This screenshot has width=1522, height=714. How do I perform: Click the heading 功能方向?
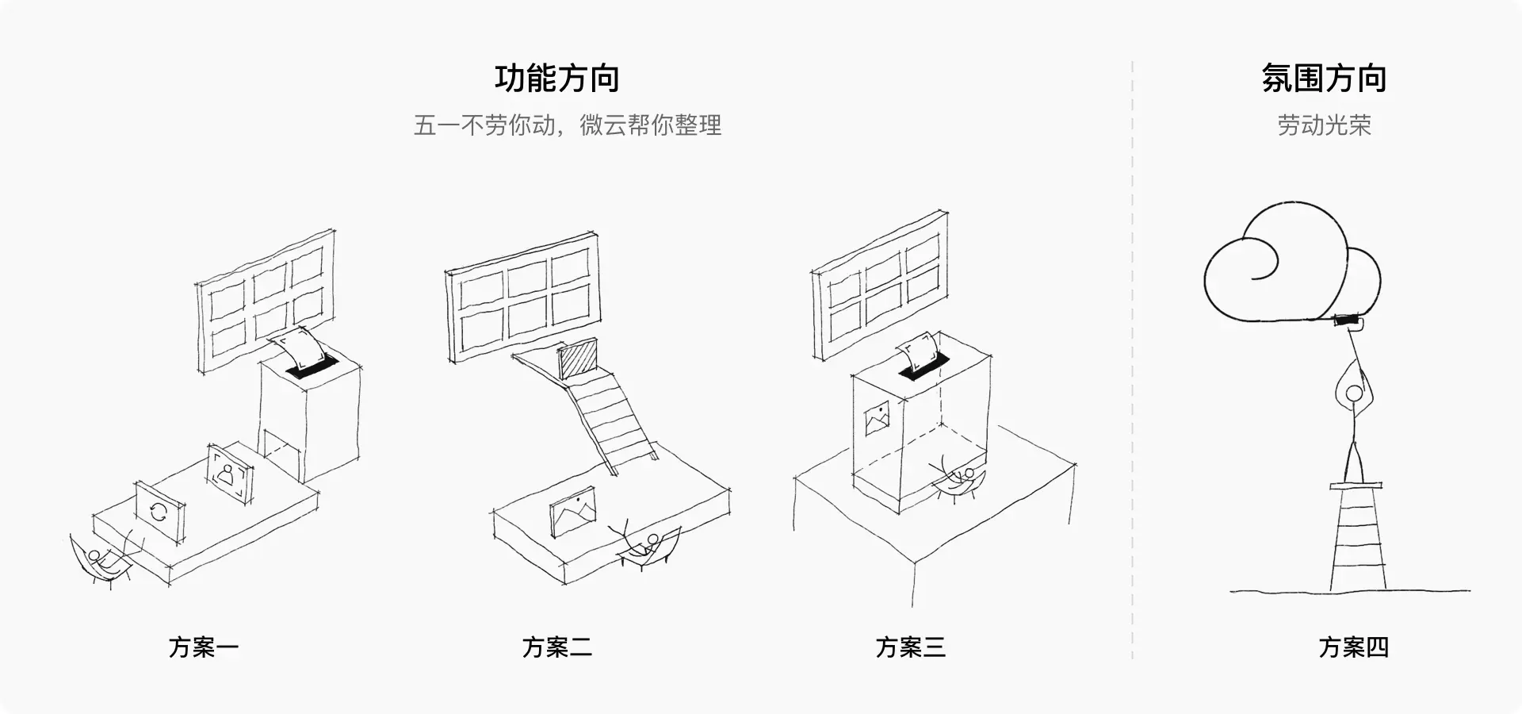point(556,79)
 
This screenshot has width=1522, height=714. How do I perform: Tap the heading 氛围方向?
point(1324,79)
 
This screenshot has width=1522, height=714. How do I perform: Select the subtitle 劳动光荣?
point(1324,125)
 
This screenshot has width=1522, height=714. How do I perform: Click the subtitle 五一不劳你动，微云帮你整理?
point(568,125)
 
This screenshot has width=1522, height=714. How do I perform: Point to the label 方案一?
point(204,647)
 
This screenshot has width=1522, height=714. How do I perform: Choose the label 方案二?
point(557,647)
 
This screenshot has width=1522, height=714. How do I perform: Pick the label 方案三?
point(911,647)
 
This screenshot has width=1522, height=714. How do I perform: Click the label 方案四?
point(1354,647)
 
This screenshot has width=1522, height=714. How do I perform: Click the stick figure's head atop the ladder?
point(1354,393)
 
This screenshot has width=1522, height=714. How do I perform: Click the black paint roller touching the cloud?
point(1348,321)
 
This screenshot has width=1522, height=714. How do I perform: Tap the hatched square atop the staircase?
point(578,360)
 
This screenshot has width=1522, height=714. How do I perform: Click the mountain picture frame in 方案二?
point(572,512)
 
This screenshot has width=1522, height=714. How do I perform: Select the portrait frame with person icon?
point(230,474)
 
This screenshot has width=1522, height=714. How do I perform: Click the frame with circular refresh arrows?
point(159,512)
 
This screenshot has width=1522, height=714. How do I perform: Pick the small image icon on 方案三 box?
point(878,419)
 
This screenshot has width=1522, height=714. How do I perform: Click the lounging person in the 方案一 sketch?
point(99,559)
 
